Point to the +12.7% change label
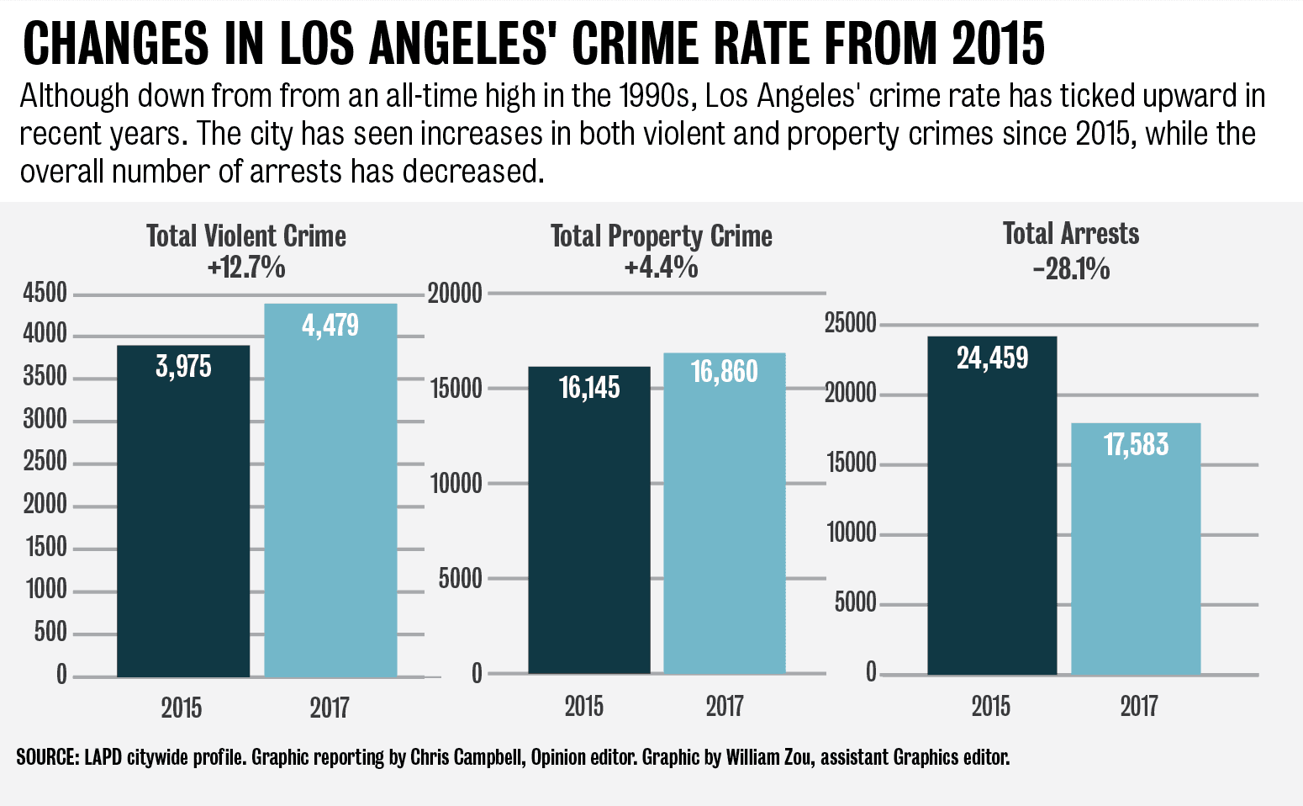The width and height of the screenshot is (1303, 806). pos(246,268)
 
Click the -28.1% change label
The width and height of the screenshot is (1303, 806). pos(1071,269)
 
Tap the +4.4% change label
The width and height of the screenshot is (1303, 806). pos(662,268)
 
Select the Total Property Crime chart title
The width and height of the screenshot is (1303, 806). pos(662,236)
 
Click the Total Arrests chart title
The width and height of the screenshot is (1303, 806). pos(1071,233)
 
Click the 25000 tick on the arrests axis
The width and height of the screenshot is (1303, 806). pos(850,323)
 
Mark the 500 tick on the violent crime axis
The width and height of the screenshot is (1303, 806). pos(50,632)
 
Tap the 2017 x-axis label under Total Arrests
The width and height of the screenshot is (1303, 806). pos(1138,705)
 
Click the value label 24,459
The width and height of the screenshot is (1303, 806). pos(992,358)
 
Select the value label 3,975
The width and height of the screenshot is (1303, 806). pos(183,367)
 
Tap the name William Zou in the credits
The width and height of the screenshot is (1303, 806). pos(771,757)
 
